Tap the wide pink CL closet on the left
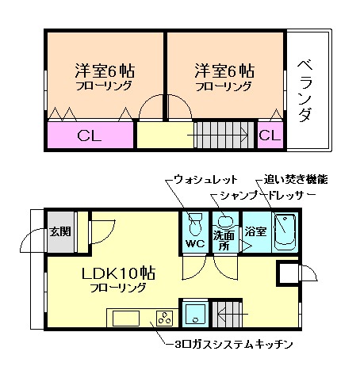tap(89, 135)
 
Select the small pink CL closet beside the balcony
tap(270, 135)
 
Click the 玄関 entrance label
tap(59, 231)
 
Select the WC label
tap(195, 242)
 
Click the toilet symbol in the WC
tap(196, 223)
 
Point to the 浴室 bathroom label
tap(255, 232)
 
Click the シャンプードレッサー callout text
tap(262, 195)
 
